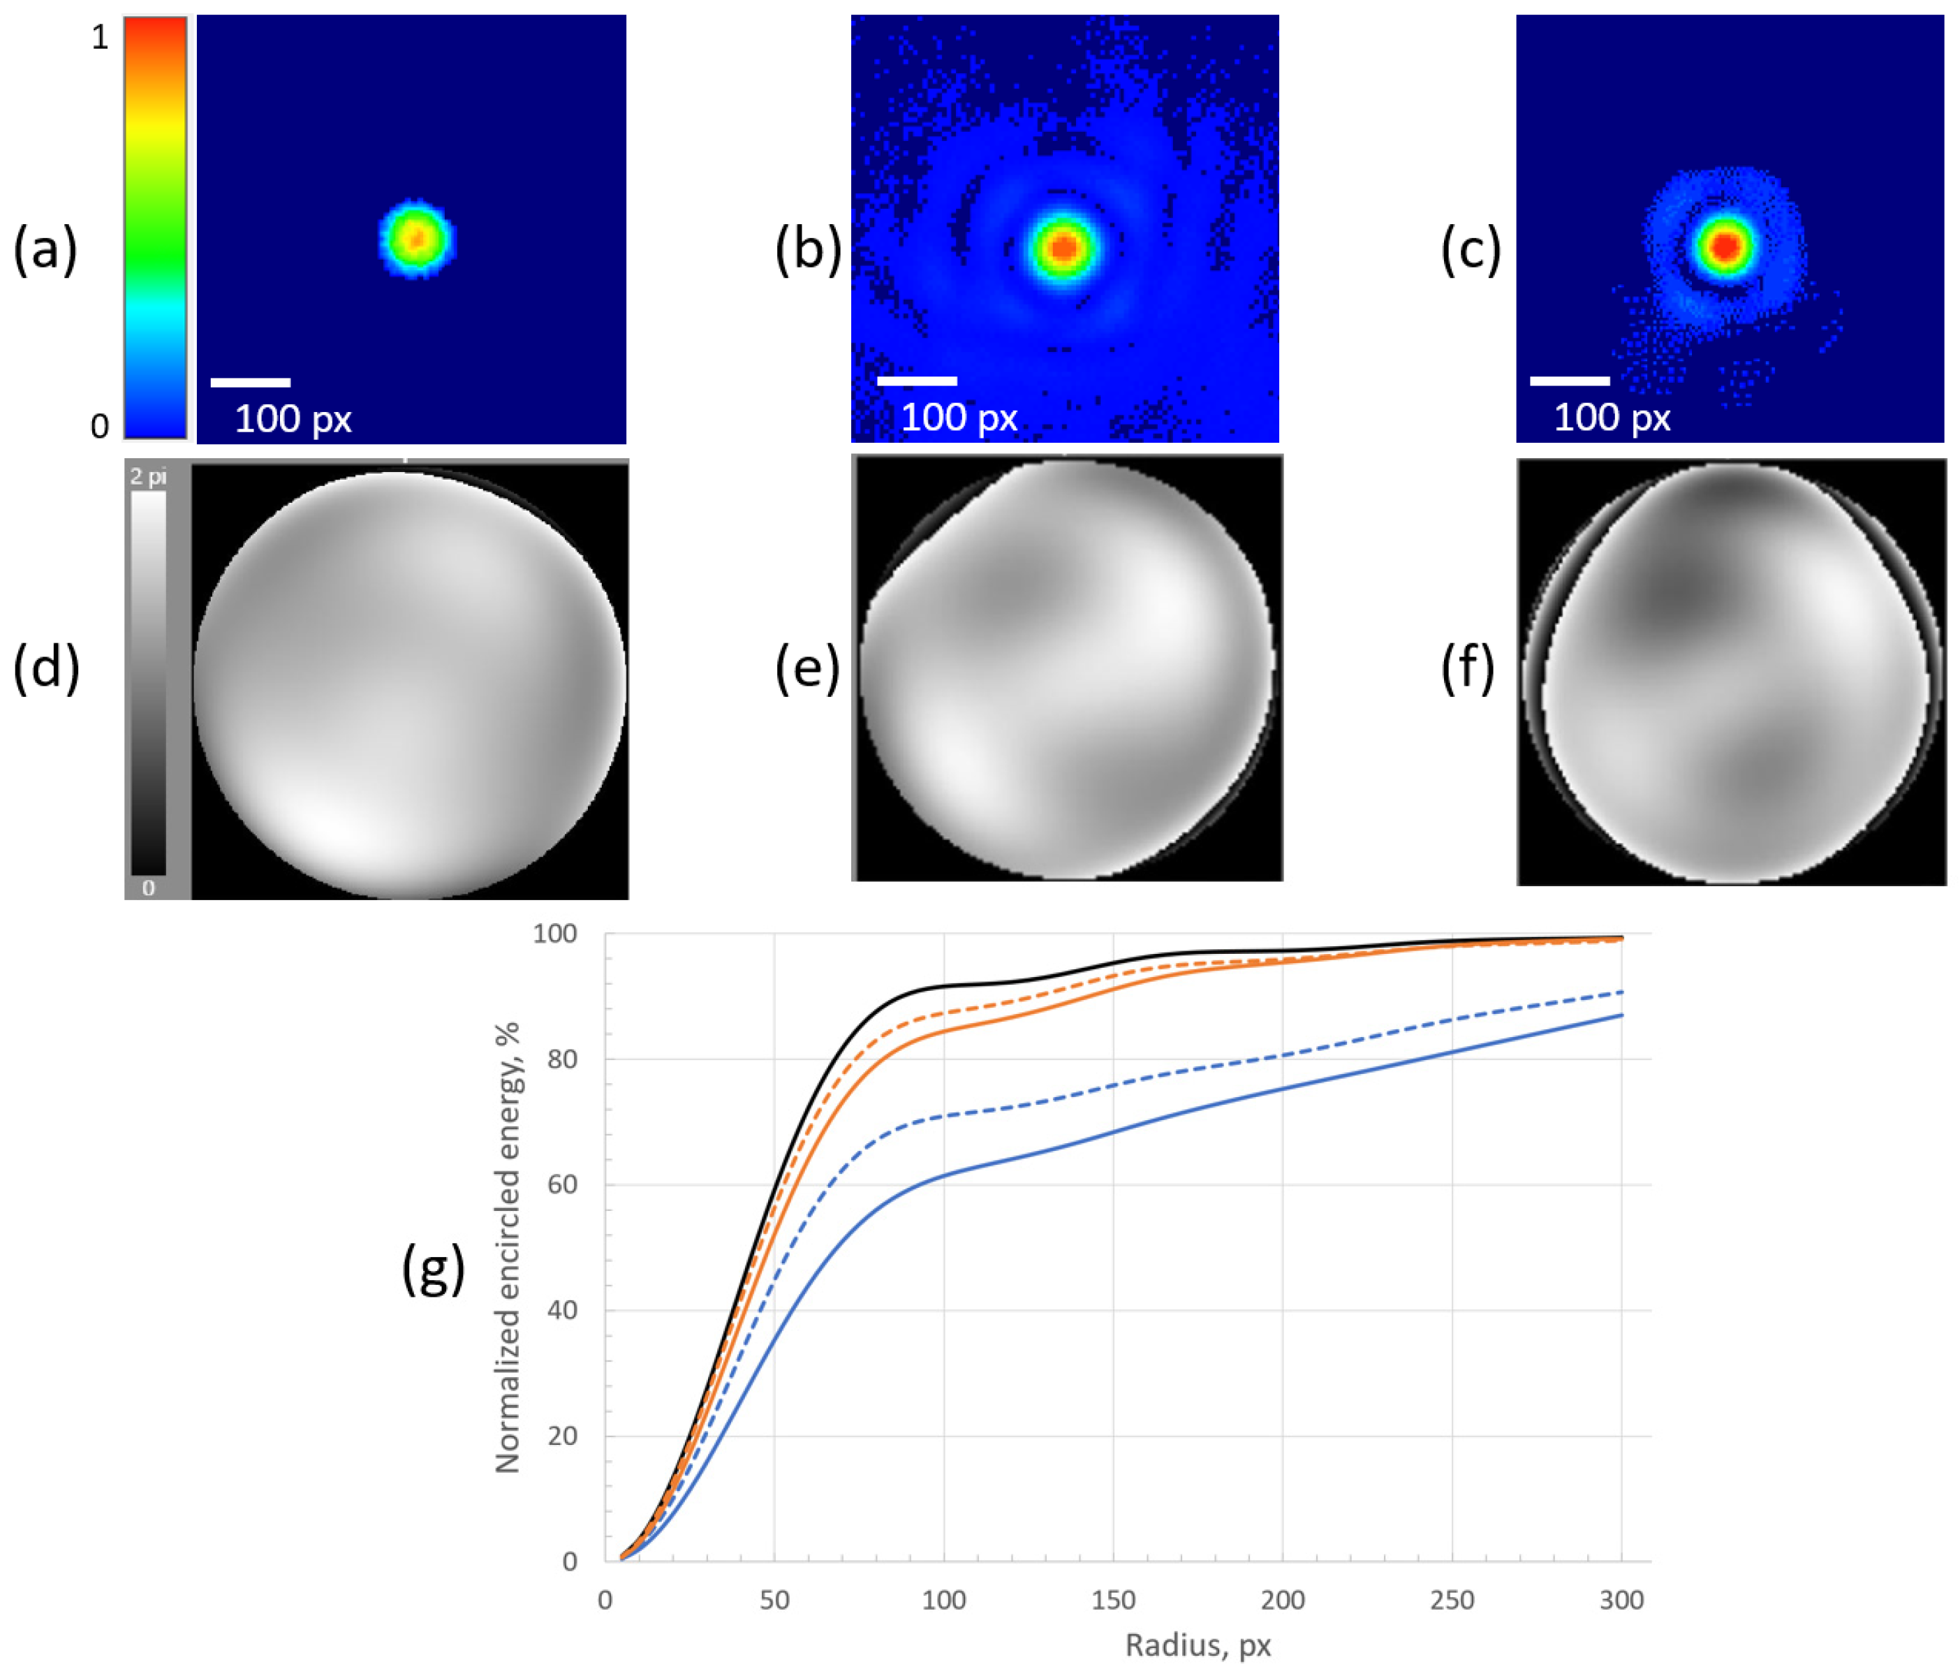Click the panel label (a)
(45, 251)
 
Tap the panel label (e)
(807, 669)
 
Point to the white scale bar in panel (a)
(250, 382)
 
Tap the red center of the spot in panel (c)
(1726, 246)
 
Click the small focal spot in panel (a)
(416, 238)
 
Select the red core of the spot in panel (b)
(1065, 248)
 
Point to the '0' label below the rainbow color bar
(99, 427)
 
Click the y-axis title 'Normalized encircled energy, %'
(508, 1247)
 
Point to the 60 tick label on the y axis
(562, 1184)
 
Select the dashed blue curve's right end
(1621, 992)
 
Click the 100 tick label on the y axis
(554, 934)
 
